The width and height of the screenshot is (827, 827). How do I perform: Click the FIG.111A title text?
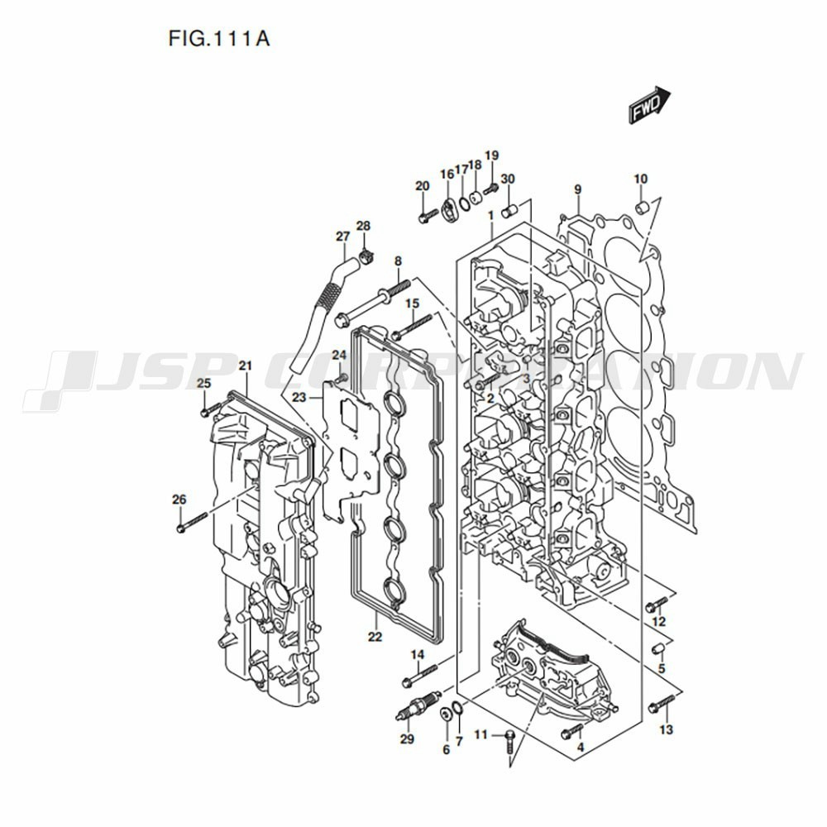coord(220,40)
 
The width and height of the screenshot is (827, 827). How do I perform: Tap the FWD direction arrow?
coord(649,106)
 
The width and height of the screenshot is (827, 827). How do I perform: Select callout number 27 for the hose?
coord(343,237)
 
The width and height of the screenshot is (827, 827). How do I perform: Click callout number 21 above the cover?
coord(245,366)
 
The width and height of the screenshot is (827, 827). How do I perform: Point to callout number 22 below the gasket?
coord(375,637)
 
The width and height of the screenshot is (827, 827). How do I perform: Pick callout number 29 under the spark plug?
coord(406,739)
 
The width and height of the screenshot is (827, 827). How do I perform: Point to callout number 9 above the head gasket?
coord(578,189)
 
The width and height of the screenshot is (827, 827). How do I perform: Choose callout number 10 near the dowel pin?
coord(641,179)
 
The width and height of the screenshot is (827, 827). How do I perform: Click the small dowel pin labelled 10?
coord(641,206)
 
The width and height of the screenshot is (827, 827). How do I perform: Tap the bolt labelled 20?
coord(427,217)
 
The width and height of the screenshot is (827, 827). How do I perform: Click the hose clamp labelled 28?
coord(367,252)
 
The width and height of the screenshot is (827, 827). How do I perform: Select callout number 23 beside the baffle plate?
coord(299,397)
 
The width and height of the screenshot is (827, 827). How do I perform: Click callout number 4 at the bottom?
coord(580,748)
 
